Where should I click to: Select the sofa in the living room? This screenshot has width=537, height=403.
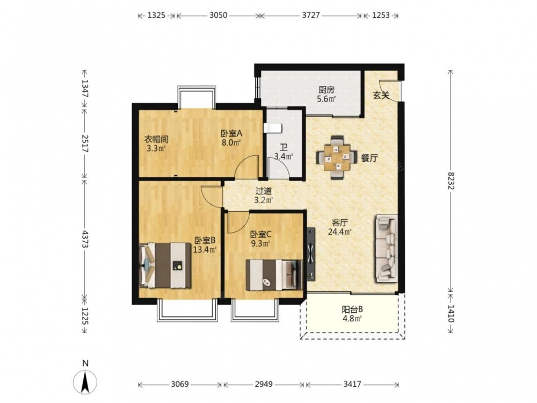coord(387,248)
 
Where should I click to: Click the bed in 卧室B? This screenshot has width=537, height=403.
coord(165,265)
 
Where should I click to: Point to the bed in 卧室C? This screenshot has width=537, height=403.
coord(274,275)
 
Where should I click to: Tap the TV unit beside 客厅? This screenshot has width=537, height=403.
coord(311,254)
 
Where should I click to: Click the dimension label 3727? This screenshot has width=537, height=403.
coord(310,15)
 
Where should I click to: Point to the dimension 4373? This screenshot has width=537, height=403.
coord(85,239)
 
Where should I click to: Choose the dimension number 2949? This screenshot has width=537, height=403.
coord(263,384)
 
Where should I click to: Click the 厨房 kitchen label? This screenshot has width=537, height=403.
coord(326,90)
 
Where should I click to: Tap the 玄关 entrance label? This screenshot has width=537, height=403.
coord(381,95)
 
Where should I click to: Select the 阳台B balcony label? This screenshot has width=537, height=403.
coord(352,310)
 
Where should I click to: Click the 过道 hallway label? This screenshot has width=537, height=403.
coord(264,191)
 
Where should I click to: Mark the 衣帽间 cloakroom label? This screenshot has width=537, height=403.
coord(156,140)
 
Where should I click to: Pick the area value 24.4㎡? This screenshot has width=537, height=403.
coord(340,232)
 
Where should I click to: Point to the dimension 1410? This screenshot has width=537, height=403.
coord(451,313)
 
